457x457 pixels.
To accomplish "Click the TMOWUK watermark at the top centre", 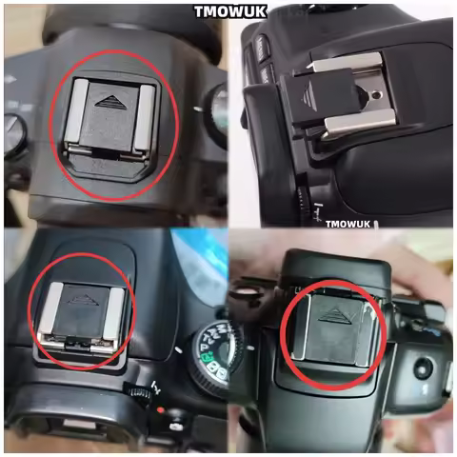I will tap(228, 11).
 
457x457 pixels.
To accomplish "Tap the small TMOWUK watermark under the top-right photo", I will tap(350, 225).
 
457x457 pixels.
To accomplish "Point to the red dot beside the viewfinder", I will tap(163, 411).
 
